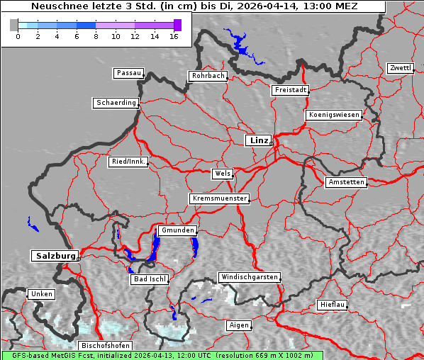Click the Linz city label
258,140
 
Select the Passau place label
128,73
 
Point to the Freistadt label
290,90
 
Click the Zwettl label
400,68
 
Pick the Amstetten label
346,182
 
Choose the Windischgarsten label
248,277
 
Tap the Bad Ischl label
150,279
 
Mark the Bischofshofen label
105,345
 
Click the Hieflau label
333,305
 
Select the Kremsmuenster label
220,198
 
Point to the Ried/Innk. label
128,162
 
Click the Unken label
41,293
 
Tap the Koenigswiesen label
334,115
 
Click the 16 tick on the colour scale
174,36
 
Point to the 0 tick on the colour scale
18,36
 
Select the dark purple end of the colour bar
177,25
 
